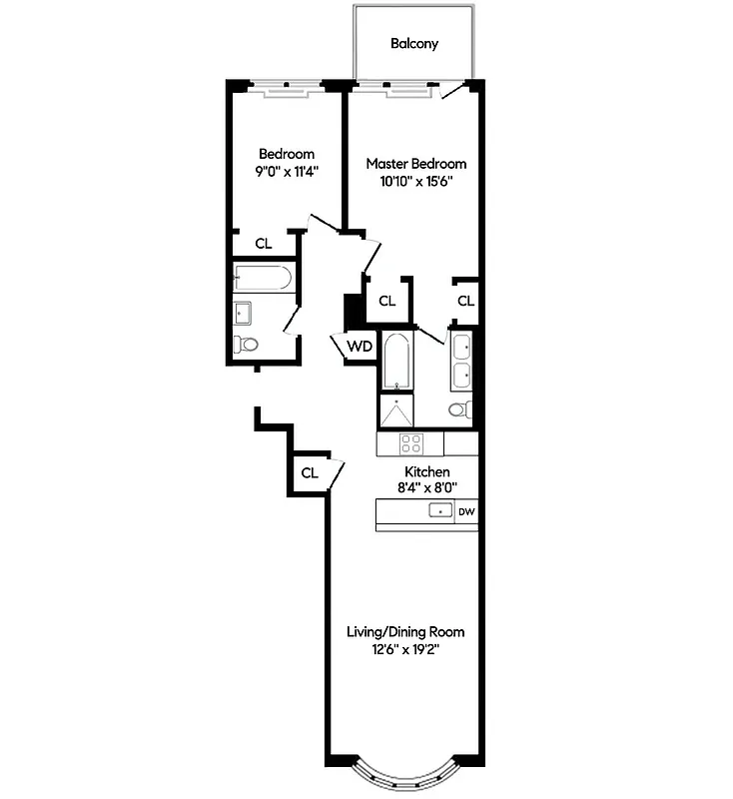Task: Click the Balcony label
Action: (414, 44)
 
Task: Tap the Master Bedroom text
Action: (415, 164)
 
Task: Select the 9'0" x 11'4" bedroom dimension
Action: (287, 171)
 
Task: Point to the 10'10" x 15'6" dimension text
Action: (415, 181)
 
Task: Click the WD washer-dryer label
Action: (360, 347)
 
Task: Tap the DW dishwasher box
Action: (466, 511)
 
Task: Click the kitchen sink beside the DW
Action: (439, 511)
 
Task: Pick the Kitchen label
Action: (426, 471)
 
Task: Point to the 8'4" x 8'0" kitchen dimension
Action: (426, 488)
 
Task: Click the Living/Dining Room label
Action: (404, 632)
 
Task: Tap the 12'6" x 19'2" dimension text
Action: (404, 649)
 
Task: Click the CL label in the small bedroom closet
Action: (264, 243)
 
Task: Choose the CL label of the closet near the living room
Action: (310, 472)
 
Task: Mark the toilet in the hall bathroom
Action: (246, 345)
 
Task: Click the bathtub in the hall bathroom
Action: (263, 277)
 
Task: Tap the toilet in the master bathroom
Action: (459, 409)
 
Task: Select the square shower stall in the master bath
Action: (397, 412)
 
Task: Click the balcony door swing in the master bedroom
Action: (452, 92)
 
